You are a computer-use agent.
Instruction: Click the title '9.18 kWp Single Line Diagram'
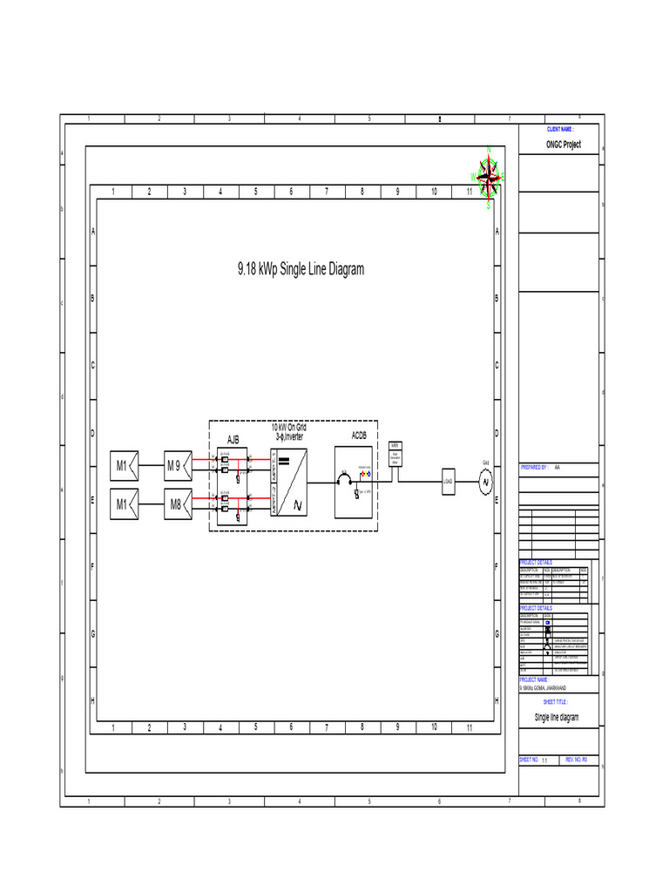tap(301, 270)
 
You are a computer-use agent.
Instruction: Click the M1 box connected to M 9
tap(121, 466)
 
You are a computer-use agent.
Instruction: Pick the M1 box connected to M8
tap(121, 504)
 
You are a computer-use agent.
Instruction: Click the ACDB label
tap(359, 435)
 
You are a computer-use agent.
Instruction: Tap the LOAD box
tap(448, 481)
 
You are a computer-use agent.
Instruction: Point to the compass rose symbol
tap(490, 179)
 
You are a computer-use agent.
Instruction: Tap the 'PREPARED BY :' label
tap(534, 467)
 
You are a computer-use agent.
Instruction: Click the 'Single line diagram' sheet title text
tap(556, 718)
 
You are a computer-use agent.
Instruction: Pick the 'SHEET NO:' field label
tap(529, 760)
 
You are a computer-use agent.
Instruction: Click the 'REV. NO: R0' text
tap(577, 760)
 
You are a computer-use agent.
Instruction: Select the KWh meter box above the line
tap(395, 453)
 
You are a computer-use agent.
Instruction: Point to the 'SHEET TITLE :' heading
tap(556, 700)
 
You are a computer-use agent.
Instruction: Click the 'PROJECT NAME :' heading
tap(534, 679)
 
